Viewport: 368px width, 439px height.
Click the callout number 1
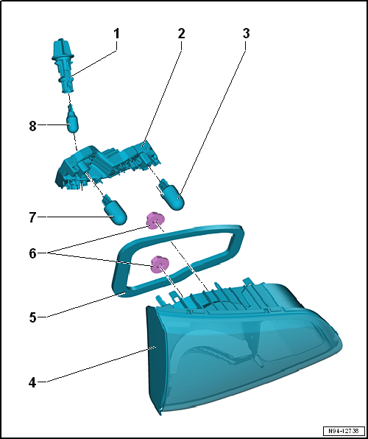(116, 34)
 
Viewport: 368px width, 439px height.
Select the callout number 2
(181, 34)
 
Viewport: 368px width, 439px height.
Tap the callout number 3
(246, 34)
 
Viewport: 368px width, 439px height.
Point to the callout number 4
(32, 382)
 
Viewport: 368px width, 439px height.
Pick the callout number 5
(32, 318)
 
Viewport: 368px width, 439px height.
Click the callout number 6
(32, 254)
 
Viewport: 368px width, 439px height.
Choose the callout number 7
(32, 217)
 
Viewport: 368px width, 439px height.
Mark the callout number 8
(32, 126)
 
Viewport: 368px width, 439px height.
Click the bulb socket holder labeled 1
(64, 66)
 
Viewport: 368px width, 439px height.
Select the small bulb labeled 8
(72, 119)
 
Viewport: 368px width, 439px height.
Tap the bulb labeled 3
(171, 195)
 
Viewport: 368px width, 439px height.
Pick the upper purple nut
(155, 221)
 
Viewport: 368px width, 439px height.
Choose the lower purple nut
(160, 264)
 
